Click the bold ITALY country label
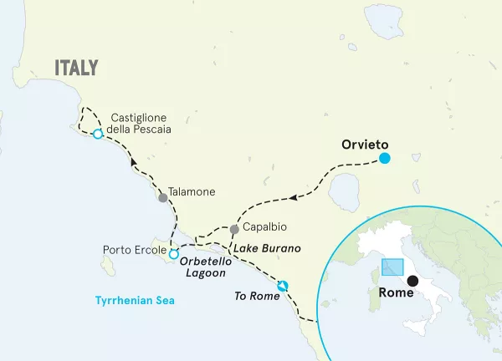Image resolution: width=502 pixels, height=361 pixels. tap(76, 68)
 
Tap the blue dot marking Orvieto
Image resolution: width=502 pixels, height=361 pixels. tap(385, 159)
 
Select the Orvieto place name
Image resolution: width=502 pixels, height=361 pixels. tap(366, 144)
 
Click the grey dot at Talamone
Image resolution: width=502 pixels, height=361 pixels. tap(163, 198)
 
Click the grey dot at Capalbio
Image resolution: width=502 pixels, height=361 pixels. tap(234, 228)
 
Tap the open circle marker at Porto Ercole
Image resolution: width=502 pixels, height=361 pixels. tap(174, 254)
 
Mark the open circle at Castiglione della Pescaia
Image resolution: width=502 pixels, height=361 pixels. tap(98, 134)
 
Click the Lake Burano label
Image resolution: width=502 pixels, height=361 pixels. tap(266, 249)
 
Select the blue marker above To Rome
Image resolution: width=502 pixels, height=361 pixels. tap(283, 286)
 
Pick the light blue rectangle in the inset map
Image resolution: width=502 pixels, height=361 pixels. tap(392, 267)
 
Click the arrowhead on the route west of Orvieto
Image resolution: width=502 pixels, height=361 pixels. tap(294, 198)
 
